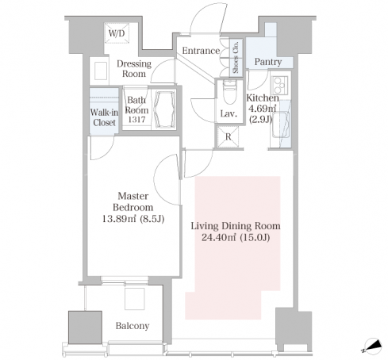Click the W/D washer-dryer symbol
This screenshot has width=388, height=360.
pos(117,33)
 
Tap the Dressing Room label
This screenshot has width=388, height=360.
pos(134,68)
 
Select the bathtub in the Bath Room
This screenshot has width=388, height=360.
pos(166,109)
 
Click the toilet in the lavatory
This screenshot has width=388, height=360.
pos(230,92)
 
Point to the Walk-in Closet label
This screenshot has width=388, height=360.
pos(104,117)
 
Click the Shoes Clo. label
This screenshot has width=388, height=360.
pos(236,57)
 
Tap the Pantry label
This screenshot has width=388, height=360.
pos(268,62)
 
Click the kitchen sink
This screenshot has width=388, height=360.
pos(281,124)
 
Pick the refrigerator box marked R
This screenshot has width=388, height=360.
pos(228,136)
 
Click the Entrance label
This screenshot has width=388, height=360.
pos(201,51)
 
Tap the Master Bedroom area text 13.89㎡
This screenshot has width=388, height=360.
pos(119,219)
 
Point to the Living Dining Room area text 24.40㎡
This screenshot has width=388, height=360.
pos(219,238)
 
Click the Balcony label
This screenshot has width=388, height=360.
pos(133,326)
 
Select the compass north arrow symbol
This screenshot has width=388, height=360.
pos(373,346)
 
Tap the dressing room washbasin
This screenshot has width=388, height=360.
pos(101,71)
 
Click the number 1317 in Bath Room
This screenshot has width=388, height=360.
pos(136,120)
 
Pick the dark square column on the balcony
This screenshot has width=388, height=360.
pos(85,327)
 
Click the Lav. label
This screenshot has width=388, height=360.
pos(229,114)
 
